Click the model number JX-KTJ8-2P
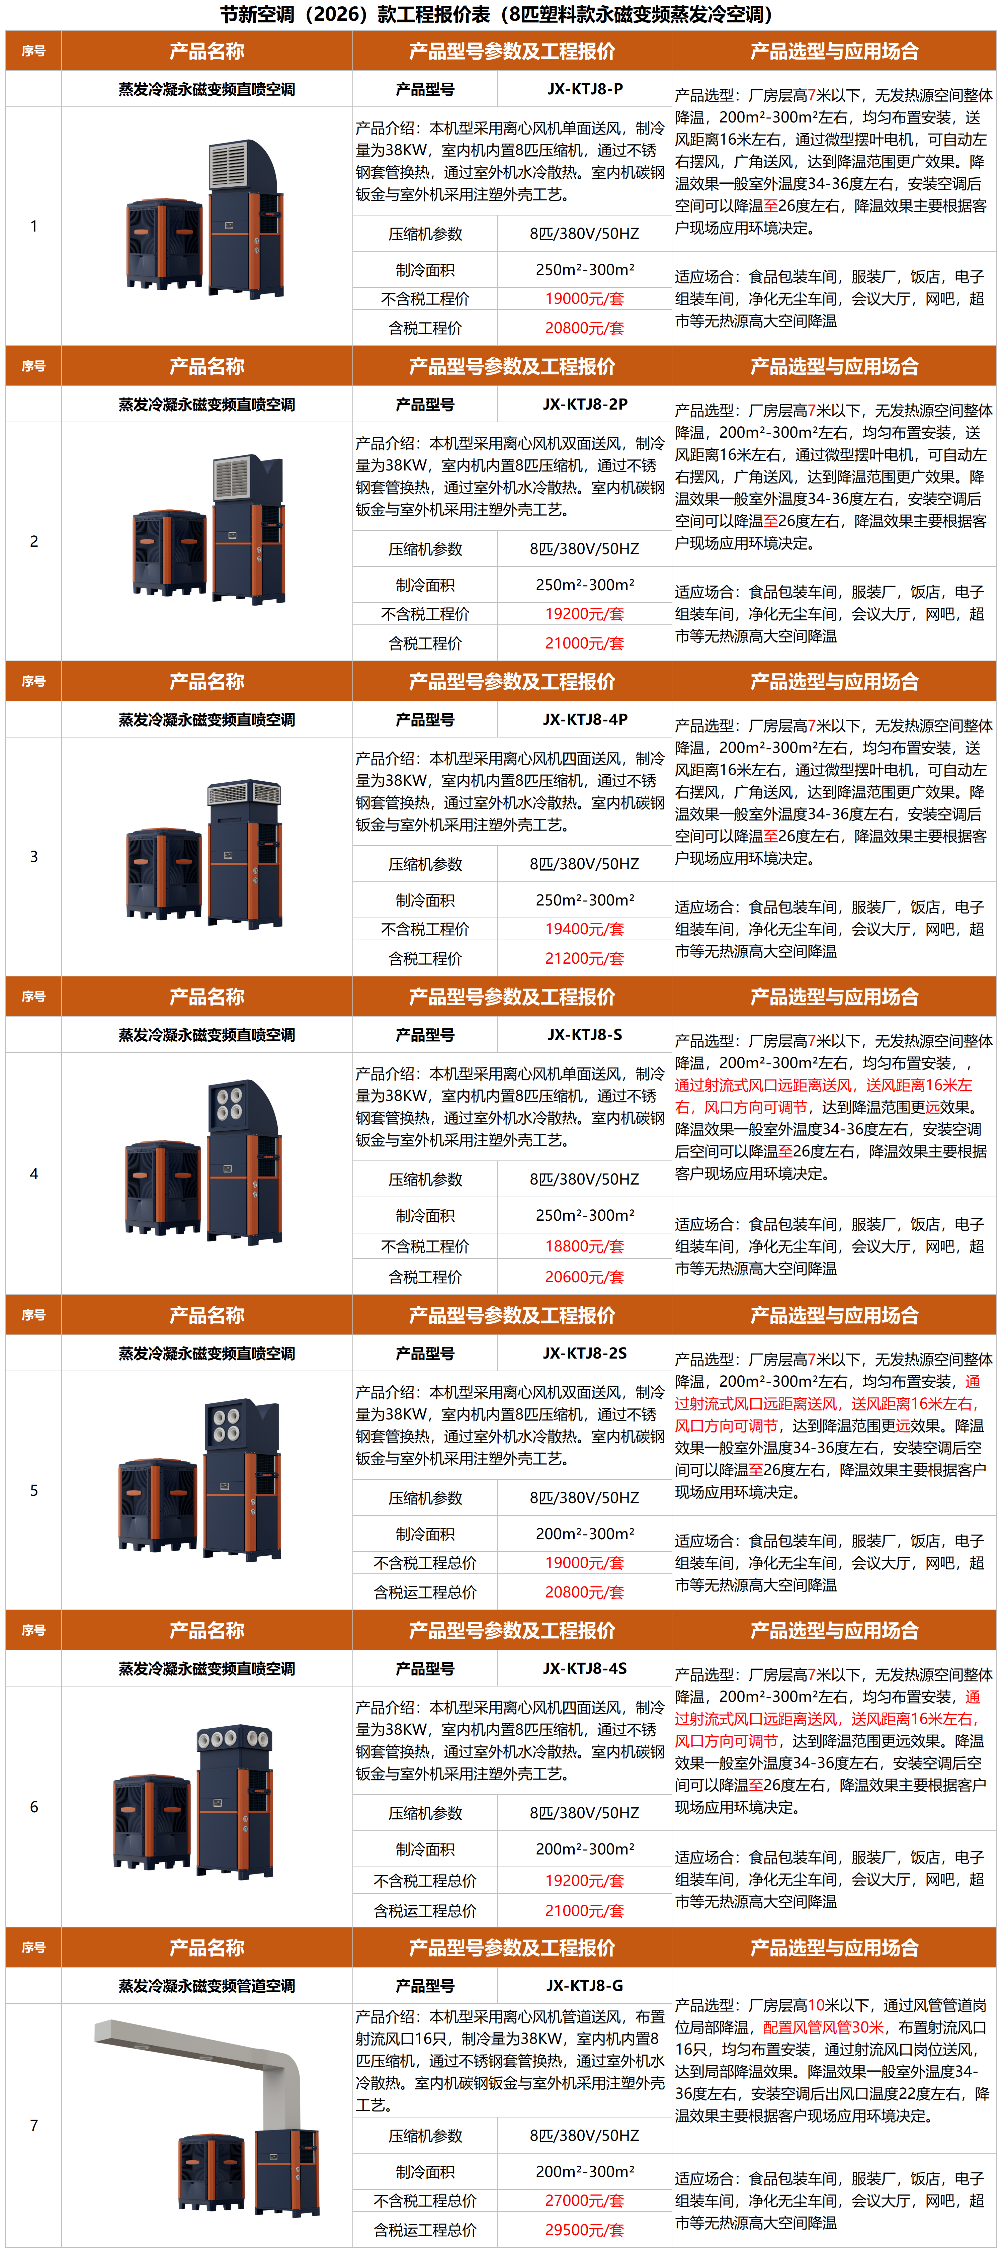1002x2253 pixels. (x=585, y=404)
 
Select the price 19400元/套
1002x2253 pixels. (x=585, y=929)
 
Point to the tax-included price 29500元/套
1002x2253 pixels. (x=585, y=2229)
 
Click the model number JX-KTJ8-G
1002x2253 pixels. (x=585, y=1985)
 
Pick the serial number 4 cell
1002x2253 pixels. (x=34, y=1174)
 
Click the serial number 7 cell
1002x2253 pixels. (x=34, y=2125)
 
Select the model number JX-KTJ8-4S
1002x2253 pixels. (x=585, y=1668)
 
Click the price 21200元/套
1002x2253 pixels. (x=585, y=959)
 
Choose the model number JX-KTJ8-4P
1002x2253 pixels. (x=585, y=719)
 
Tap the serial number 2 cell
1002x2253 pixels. (x=34, y=541)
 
